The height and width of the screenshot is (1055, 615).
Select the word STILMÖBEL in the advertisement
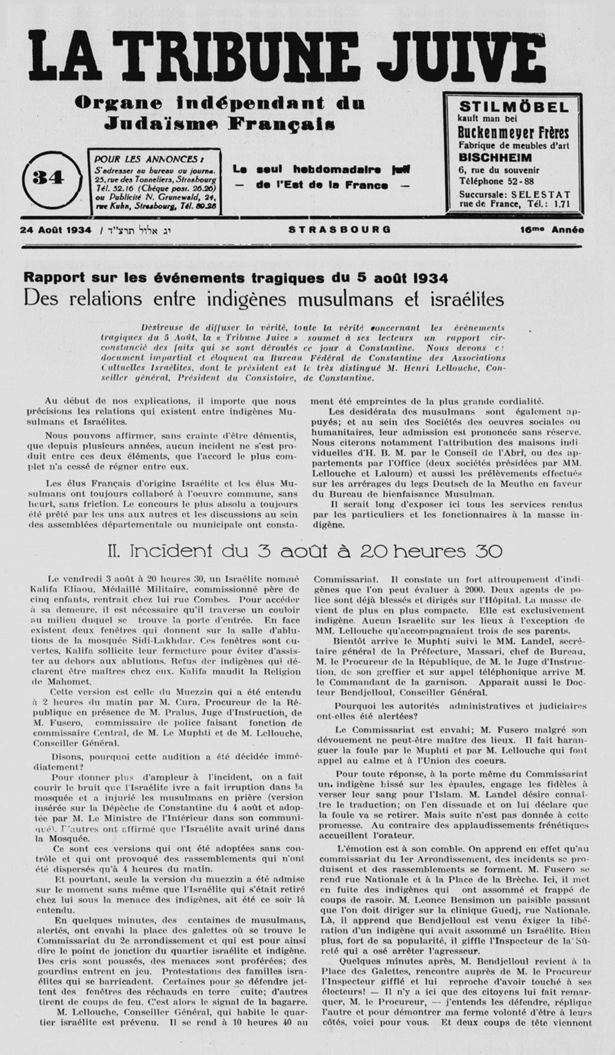point(513,107)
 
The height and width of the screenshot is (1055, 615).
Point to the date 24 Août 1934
point(55,230)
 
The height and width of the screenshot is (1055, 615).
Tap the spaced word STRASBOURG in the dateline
point(340,230)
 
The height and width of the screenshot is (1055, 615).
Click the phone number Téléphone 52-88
point(495,181)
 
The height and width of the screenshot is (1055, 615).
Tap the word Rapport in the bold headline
point(51,278)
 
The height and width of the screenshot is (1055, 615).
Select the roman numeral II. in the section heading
point(115,551)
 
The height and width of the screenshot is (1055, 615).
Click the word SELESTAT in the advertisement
point(540,194)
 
